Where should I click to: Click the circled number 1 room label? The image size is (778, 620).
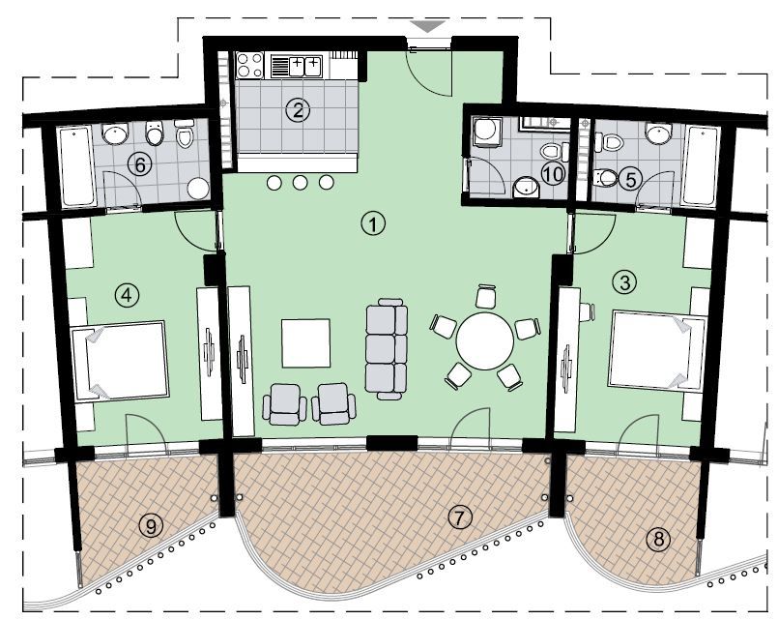373,223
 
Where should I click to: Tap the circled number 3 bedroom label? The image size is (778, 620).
625,282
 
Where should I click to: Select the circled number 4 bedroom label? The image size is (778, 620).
127,293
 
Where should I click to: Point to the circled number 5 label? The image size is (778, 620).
630,178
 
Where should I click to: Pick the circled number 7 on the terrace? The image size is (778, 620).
460,517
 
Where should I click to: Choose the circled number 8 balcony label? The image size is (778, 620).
659,540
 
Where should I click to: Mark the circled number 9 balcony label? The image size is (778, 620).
150,525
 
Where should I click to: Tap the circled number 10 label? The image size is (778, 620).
552,174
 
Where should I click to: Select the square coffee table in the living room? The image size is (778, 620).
305,343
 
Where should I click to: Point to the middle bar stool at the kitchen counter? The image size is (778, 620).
301,183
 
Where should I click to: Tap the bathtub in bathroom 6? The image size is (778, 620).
75,167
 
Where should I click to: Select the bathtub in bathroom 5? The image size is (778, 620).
700,165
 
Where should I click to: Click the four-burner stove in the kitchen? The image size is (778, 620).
250,65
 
